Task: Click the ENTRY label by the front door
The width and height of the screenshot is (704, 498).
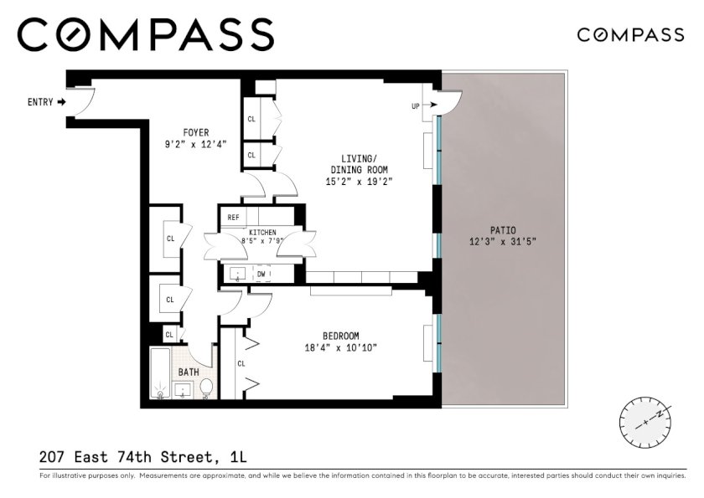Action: [40, 102]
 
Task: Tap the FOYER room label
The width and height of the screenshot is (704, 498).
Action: [196, 133]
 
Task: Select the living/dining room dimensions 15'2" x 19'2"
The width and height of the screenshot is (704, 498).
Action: [360, 182]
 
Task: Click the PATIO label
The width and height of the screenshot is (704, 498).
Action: [503, 230]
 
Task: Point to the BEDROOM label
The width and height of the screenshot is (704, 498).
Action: [341, 336]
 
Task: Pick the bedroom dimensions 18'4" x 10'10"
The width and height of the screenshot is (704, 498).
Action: [341, 347]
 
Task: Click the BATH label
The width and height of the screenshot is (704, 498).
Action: [189, 372]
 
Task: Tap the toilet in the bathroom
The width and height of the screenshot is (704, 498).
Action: [206, 388]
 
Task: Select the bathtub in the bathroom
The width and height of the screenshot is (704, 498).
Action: [160, 373]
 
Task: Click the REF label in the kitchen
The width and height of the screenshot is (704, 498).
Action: [233, 218]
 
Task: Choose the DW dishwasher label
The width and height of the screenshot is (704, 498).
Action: [261, 274]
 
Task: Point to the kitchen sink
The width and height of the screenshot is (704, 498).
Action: [237, 274]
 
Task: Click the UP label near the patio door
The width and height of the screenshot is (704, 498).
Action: [416, 106]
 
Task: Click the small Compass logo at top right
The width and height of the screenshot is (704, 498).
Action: [630, 35]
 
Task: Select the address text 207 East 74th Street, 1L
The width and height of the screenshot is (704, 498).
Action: [143, 457]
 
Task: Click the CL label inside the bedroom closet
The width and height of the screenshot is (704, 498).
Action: [241, 364]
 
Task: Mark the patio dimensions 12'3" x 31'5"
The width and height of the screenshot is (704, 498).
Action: [503, 242]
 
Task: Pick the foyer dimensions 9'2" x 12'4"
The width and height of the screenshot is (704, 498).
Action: [196, 144]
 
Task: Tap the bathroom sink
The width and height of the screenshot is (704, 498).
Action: [183, 390]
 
